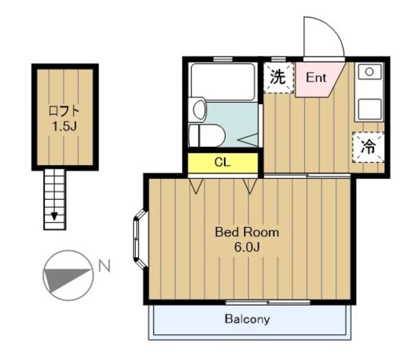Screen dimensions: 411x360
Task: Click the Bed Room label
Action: click(x=247, y=232)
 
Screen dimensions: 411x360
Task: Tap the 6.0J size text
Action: click(x=247, y=247)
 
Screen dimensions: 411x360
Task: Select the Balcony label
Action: click(x=247, y=319)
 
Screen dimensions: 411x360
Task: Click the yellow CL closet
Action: click(x=223, y=163)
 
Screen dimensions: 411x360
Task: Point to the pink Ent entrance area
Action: click(x=317, y=78)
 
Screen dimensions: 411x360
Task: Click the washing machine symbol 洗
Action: click(x=278, y=78)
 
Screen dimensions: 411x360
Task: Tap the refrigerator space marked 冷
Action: click(x=368, y=147)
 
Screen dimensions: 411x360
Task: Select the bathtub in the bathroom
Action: click(x=223, y=81)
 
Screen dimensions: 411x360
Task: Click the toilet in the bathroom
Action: click(x=207, y=135)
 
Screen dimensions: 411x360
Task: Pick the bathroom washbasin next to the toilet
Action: click(x=199, y=110)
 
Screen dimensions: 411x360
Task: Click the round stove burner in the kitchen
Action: click(x=369, y=71)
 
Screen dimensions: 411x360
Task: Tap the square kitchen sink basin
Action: click(x=370, y=109)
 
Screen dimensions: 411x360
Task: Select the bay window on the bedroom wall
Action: click(x=139, y=239)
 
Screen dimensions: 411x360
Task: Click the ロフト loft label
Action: click(x=64, y=111)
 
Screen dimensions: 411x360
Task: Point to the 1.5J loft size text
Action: click(x=64, y=126)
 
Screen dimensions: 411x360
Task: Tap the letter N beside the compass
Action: click(x=104, y=266)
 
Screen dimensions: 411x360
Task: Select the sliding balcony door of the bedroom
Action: click(x=268, y=302)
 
